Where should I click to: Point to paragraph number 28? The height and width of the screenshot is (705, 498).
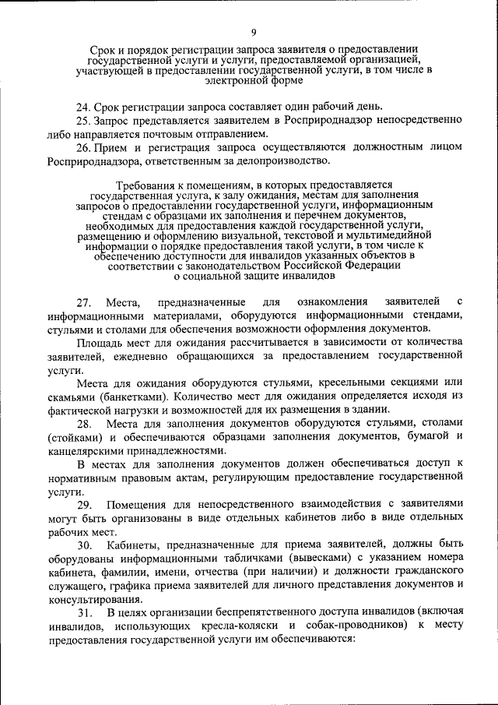(85, 423)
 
